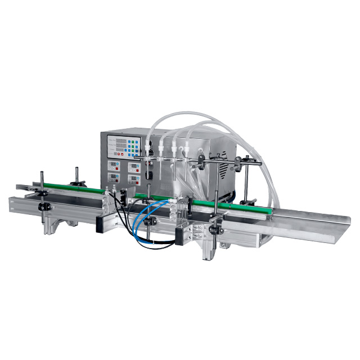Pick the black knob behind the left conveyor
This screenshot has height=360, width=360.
(79, 183)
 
